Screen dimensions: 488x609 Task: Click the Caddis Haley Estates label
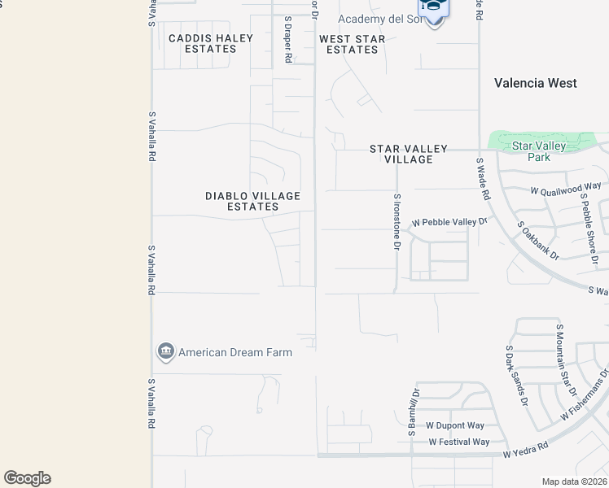(x=211, y=43)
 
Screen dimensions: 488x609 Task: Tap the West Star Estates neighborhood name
(x=353, y=44)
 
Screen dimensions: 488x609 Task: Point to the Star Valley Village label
(x=409, y=154)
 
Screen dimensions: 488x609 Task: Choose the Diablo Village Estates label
(x=252, y=201)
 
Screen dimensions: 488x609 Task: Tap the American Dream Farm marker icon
(x=166, y=352)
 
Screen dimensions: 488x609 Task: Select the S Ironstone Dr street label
(x=397, y=220)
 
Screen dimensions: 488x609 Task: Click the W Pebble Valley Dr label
(x=449, y=221)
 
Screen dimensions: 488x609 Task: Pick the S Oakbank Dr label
(x=538, y=239)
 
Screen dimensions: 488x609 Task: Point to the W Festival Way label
(x=459, y=442)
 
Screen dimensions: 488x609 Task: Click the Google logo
(x=27, y=478)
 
